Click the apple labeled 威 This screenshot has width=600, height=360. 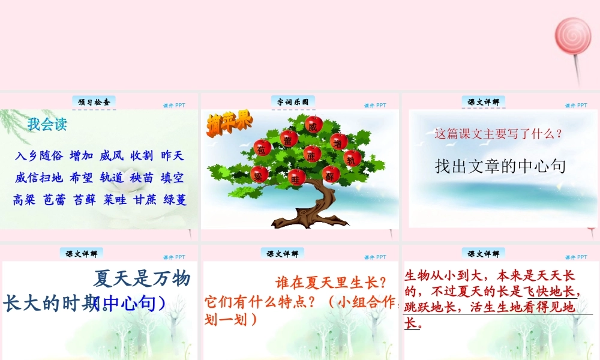pyautogui.click(x=313, y=125)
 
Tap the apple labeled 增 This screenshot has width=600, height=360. pyautogui.click(x=339, y=142)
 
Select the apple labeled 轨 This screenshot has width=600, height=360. pyautogui.click(x=352, y=158)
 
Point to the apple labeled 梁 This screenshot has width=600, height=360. pyautogui.click(x=259, y=175)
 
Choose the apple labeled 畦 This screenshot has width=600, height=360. pyautogui.click(x=296, y=176)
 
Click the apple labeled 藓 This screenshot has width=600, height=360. pyautogui.click(x=331, y=174)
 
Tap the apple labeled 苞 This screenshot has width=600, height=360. pyautogui.click(x=262, y=148)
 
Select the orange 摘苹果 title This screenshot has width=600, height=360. pyautogui.click(x=230, y=124)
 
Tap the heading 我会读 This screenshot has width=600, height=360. pyautogui.click(x=47, y=125)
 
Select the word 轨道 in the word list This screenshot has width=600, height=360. pyautogui.click(x=112, y=178)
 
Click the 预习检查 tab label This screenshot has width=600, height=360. pyautogui.click(x=94, y=102)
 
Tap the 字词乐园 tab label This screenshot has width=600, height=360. pyautogui.click(x=293, y=102)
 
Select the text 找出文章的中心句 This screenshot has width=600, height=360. pyautogui.click(x=500, y=166)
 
